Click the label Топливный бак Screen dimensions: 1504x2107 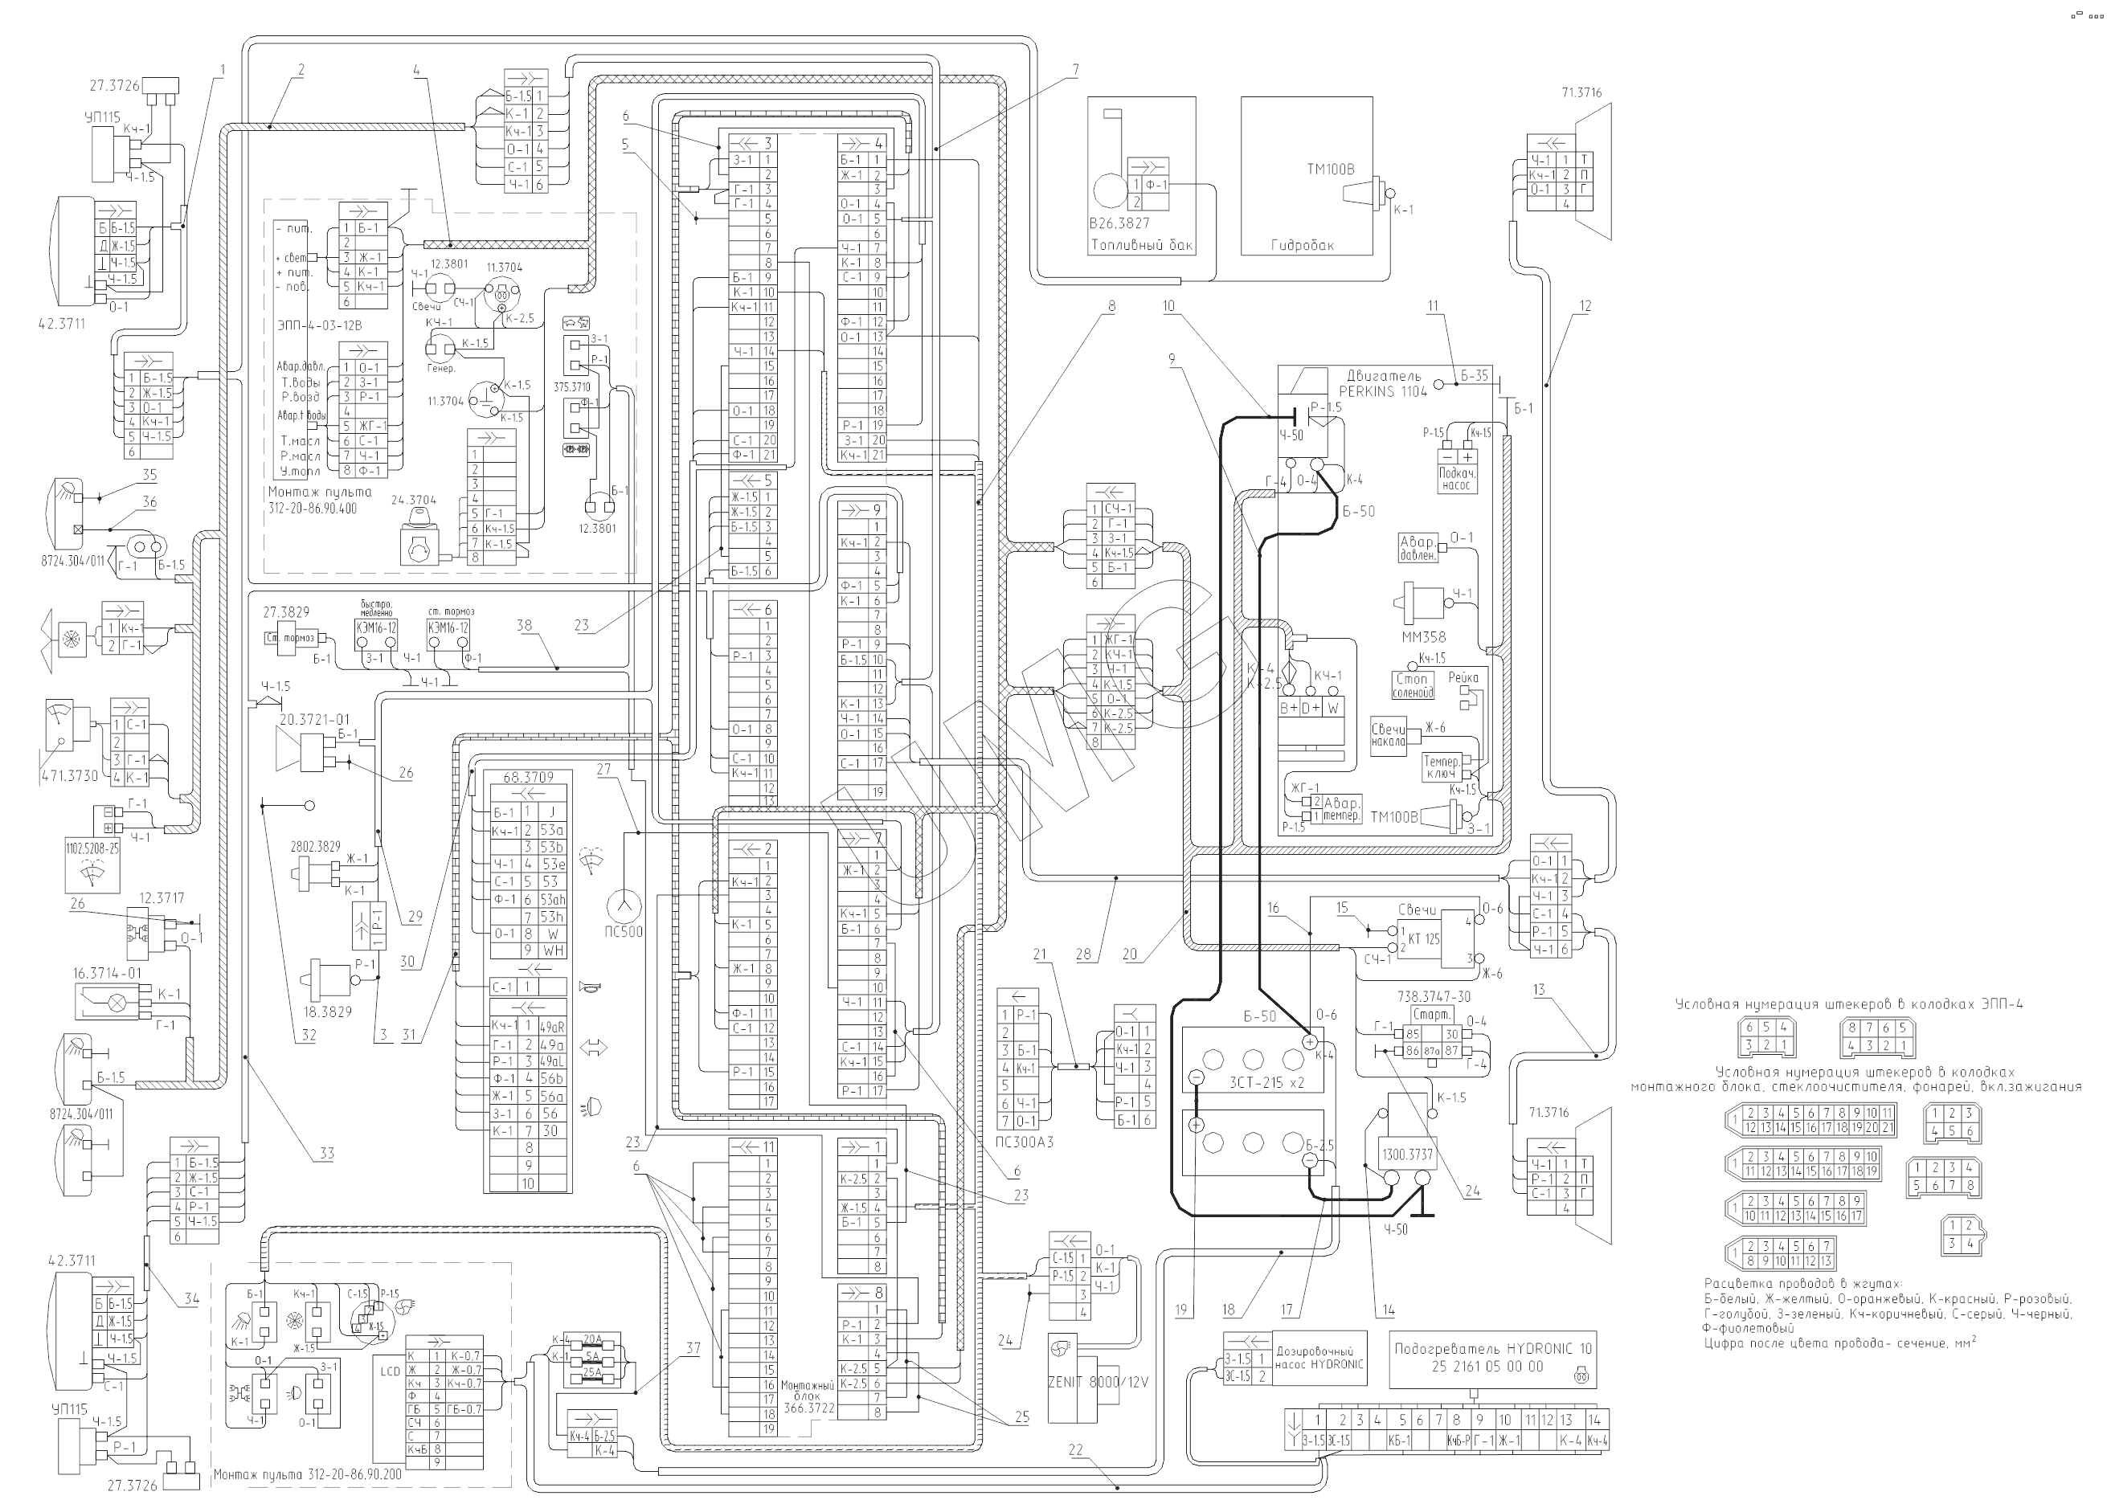1142,245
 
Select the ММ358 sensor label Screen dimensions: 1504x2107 1423,637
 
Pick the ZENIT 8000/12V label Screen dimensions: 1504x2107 1098,1382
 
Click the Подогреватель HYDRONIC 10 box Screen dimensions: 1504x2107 1492,1358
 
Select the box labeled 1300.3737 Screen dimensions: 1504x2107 1407,1155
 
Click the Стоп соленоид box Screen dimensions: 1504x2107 1413,685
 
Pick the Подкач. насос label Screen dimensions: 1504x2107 1456,479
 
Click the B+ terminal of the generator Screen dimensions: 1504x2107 1288,709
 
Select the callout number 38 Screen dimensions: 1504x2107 525,625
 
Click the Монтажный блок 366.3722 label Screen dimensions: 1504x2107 808,1396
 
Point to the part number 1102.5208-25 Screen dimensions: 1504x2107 92,848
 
